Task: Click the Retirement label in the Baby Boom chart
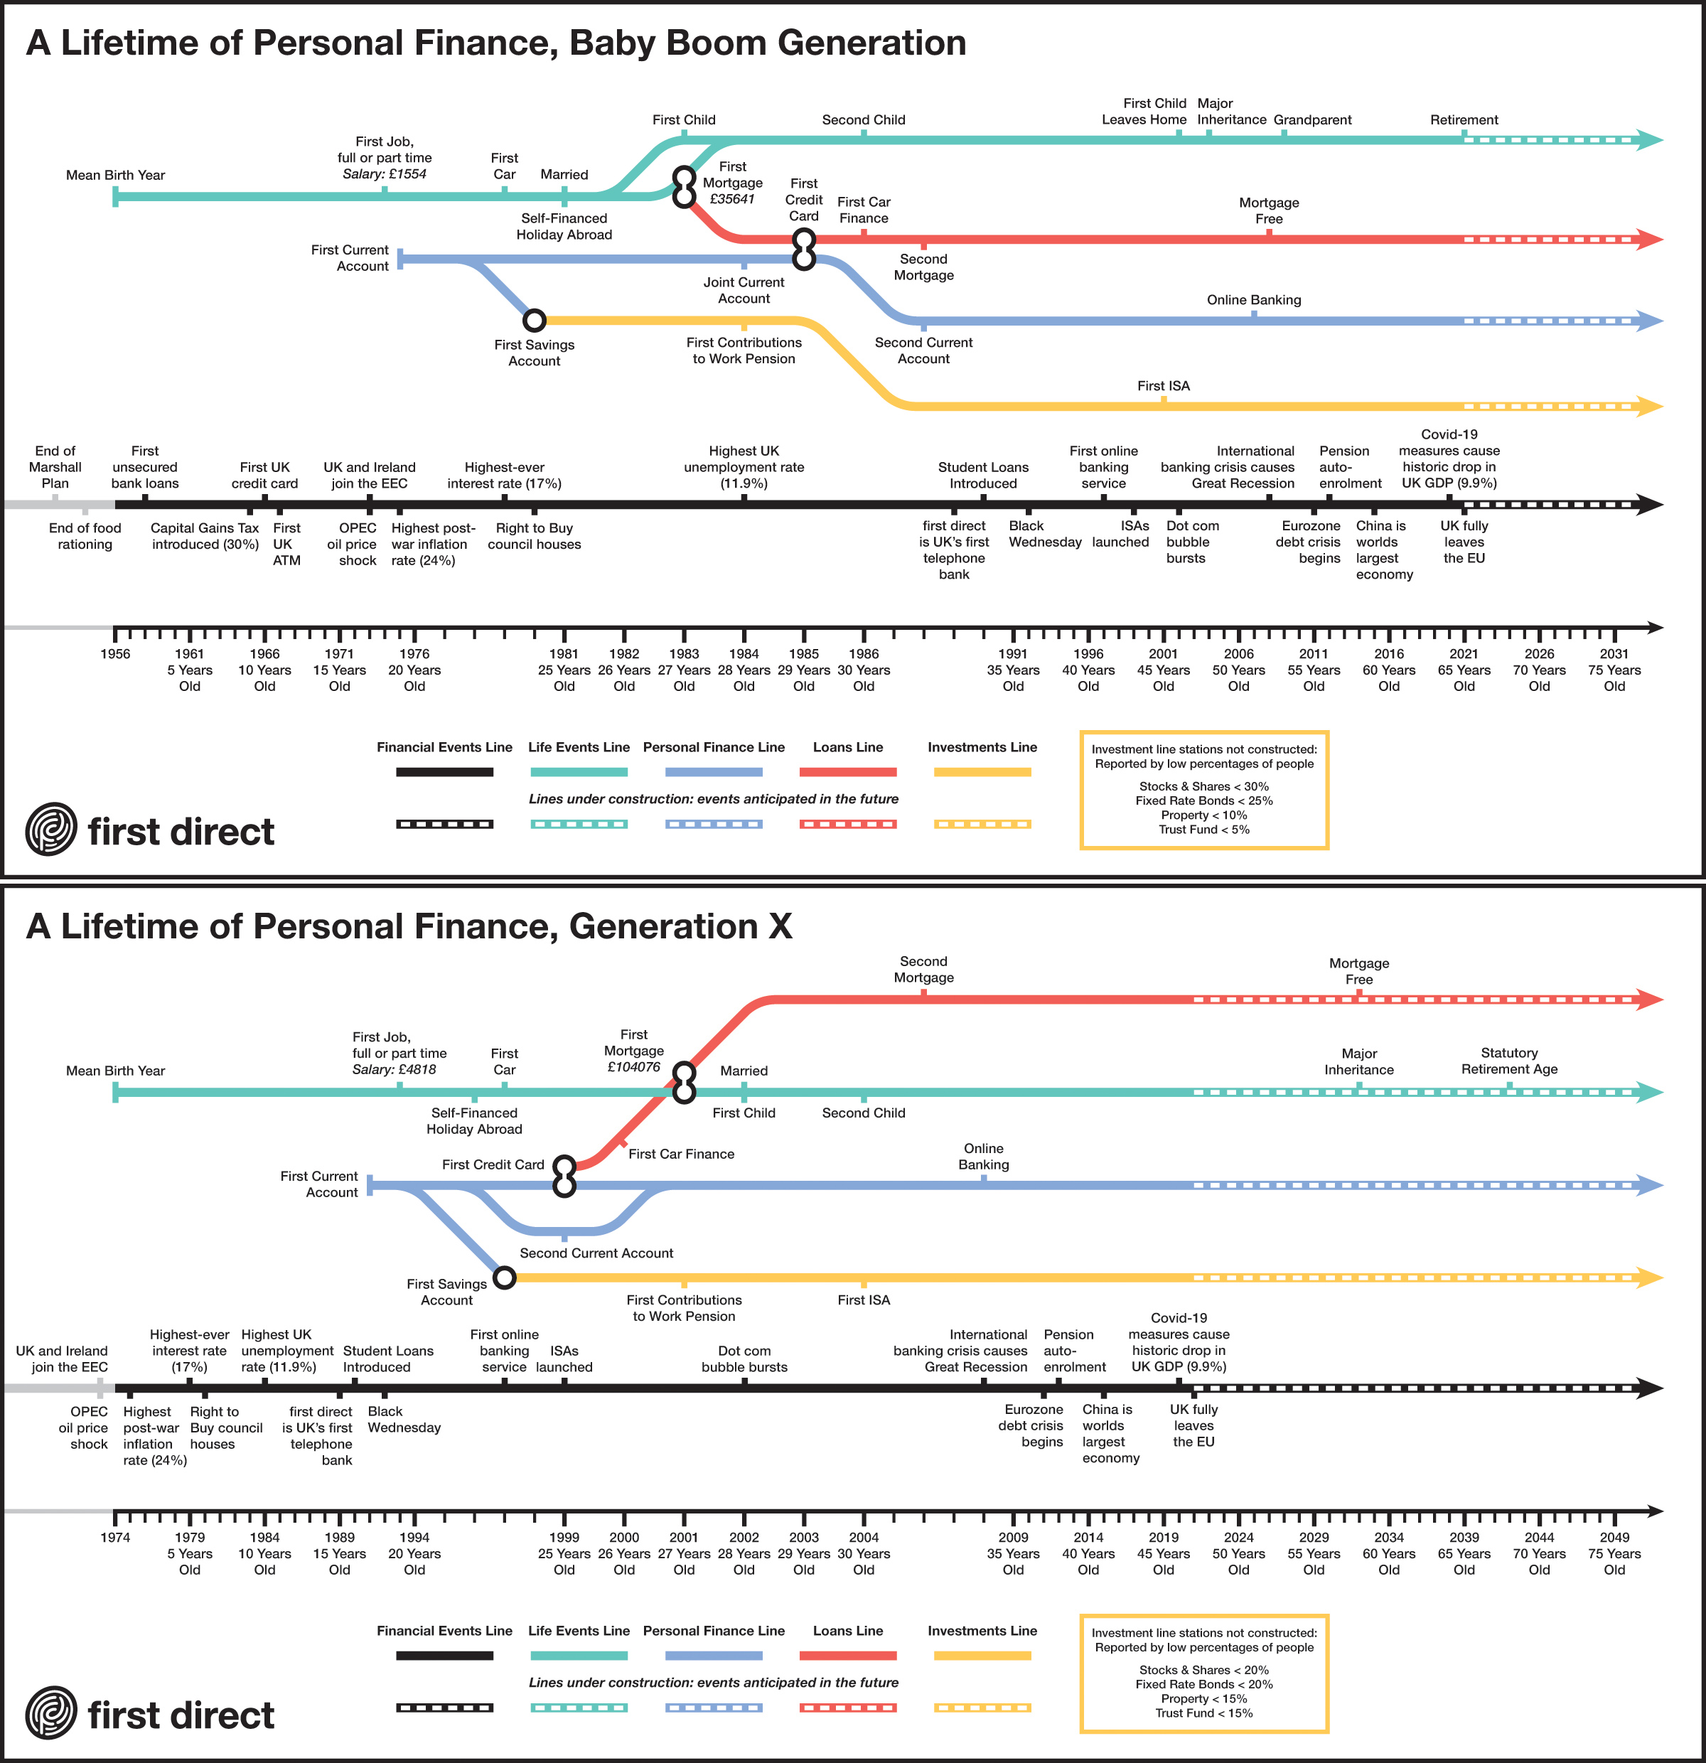point(1464,119)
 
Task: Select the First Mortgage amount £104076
point(634,1067)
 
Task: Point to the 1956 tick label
point(115,654)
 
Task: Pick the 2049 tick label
point(1614,1537)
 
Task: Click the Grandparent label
point(1312,119)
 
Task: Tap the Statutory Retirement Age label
point(1509,1061)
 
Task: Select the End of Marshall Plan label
point(55,467)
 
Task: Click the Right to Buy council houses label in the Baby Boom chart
point(535,536)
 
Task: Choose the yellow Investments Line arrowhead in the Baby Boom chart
point(1652,407)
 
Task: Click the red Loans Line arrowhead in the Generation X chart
point(1652,1000)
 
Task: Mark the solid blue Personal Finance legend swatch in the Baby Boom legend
point(714,772)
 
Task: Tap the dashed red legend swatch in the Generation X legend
point(848,1708)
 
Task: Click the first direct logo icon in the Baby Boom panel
point(51,828)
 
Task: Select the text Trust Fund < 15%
point(1204,1713)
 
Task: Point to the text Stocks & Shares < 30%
point(1204,786)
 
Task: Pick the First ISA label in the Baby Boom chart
point(1164,386)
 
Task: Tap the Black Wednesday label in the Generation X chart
point(404,1420)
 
